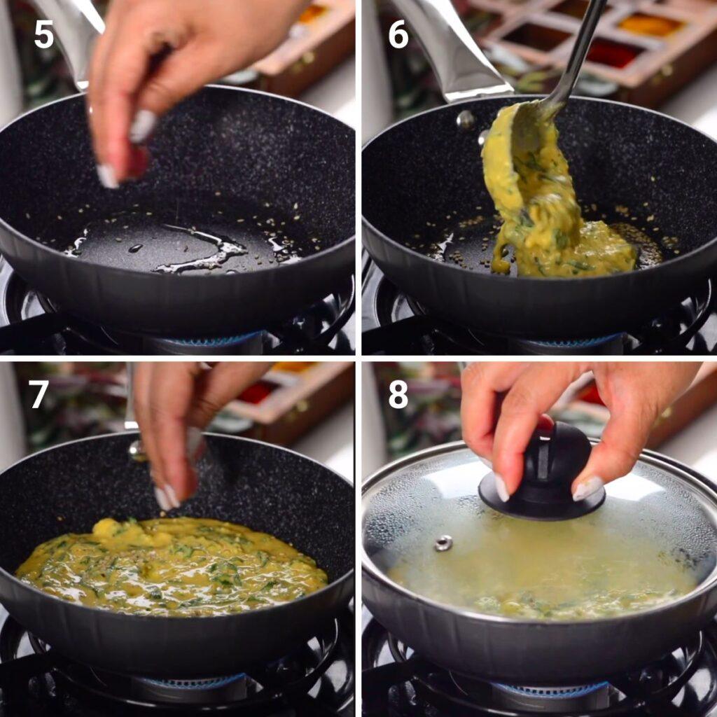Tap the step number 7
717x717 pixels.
(39, 394)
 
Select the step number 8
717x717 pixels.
(398, 394)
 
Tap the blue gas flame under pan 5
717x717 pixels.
(210, 340)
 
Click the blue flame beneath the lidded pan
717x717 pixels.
(560, 690)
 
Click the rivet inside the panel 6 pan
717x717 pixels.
(465, 120)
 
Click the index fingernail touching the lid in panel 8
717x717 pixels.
(501, 487)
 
